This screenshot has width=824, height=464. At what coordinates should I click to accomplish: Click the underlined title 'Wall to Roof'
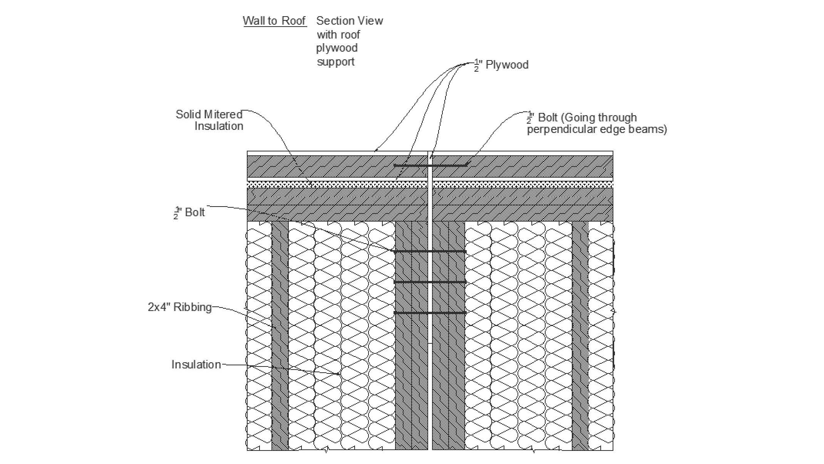274,21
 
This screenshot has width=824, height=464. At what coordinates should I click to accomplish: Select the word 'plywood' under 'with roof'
337,48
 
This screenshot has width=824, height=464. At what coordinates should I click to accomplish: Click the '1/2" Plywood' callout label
501,65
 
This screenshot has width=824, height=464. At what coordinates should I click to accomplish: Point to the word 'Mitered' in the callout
223,114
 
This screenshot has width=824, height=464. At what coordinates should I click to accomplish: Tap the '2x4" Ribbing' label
180,307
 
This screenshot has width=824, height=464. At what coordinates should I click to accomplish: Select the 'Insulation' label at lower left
196,365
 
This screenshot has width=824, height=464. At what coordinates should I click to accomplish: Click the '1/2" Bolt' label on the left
189,212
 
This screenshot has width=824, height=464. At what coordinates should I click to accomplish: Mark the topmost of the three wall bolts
430,252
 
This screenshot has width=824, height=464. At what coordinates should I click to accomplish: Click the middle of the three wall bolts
430,282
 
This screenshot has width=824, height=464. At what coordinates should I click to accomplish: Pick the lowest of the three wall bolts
430,313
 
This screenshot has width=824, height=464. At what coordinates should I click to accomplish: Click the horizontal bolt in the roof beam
430,166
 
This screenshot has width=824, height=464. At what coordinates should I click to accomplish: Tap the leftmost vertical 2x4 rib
280,335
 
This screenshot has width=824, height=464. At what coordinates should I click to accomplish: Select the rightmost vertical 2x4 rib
580,335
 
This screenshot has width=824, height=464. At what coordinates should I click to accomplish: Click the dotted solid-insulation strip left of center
337,185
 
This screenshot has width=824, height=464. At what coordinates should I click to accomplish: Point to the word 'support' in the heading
335,62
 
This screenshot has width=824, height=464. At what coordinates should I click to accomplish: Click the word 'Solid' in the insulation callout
188,114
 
